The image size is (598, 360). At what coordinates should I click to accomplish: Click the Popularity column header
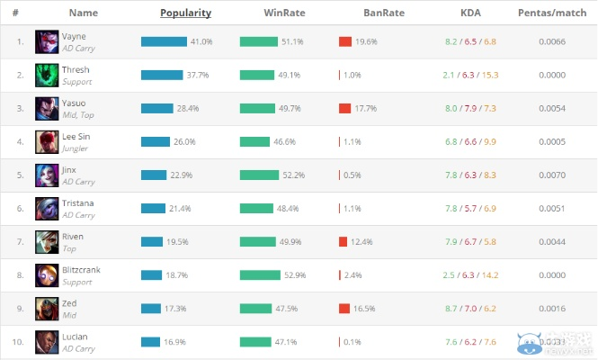[x=185, y=13]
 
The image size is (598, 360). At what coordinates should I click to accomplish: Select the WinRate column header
[x=285, y=13]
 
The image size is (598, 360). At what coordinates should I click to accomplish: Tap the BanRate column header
[x=384, y=13]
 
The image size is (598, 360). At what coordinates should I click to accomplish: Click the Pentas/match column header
[x=554, y=13]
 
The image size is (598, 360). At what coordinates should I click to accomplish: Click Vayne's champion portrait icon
[x=47, y=41]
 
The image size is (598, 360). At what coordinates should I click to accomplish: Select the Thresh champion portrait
[x=47, y=75]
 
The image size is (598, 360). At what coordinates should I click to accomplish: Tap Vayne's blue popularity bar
[x=164, y=41]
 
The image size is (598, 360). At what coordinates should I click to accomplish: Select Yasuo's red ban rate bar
[x=344, y=108]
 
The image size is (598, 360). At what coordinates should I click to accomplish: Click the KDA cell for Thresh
[x=470, y=75]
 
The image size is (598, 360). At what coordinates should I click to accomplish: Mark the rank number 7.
[x=20, y=241]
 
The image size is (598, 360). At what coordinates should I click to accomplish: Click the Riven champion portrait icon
[x=47, y=241]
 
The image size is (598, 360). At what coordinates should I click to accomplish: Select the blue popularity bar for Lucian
[x=150, y=341]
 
